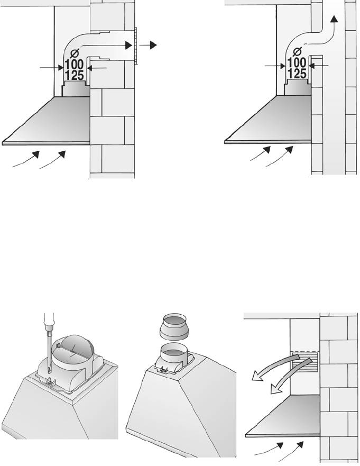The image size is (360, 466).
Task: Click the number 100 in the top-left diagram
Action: coord(74,64)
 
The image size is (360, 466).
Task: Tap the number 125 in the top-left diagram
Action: coord(74,76)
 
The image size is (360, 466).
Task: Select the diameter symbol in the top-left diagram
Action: coord(74,53)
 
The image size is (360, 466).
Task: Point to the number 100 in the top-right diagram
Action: coord(297,63)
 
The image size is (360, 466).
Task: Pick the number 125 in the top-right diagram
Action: coord(297,74)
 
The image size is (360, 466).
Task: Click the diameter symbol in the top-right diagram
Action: coord(297,52)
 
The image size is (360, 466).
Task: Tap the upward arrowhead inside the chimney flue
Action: coord(334,19)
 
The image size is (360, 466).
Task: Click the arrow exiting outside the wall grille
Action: coord(147,45)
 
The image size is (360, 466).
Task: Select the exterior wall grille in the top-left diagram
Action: coord(135,45)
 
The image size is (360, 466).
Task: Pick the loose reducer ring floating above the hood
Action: coord(174,326)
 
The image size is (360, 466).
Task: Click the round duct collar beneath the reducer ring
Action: coord(174,354)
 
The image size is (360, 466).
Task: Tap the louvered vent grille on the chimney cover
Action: coord(304,362)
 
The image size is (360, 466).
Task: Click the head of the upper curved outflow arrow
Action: coord(256,376)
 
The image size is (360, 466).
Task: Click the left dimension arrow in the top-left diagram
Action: coord(52,68)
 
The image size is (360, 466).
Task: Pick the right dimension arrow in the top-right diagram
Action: coord(319,66)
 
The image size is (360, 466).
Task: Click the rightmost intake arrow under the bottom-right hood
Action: coord(291,451)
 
